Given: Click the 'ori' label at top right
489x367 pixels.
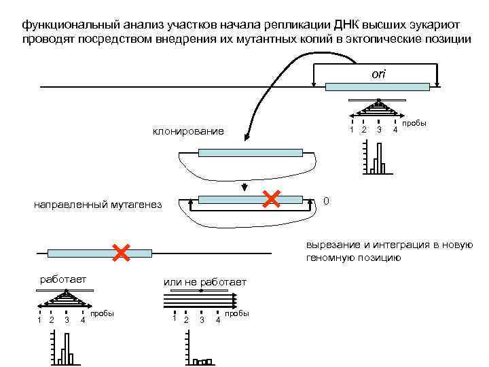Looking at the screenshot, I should click(378, 73).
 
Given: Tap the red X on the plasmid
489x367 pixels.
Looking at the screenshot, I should click(272, 198).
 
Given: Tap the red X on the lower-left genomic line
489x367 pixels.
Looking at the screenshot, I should click(122, 252).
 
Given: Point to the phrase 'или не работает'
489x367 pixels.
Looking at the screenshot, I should click(204, 282).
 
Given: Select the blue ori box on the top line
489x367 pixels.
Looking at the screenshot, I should click(378, 86).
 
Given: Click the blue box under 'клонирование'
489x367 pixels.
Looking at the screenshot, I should click(250, 152).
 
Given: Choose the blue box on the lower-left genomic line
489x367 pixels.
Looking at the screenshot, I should click(99, 253).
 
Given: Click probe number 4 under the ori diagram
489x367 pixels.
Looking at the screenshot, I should click(395, 130).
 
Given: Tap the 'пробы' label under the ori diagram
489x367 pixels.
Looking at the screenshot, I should click(414, 124).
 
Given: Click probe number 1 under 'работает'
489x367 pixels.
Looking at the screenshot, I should click(39, 320).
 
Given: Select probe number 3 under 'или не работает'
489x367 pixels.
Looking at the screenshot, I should click(202, 320).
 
